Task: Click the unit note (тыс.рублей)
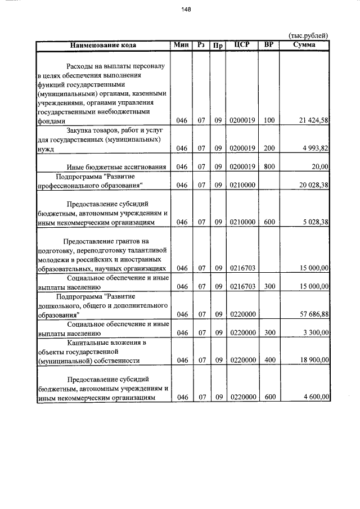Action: click(x=308, y=35)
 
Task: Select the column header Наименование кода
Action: click(x=103, y=45)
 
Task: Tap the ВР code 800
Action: click(x=269, y=167)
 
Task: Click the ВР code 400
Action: click(x=269, y=361)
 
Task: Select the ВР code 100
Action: click(x=269, y=121)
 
